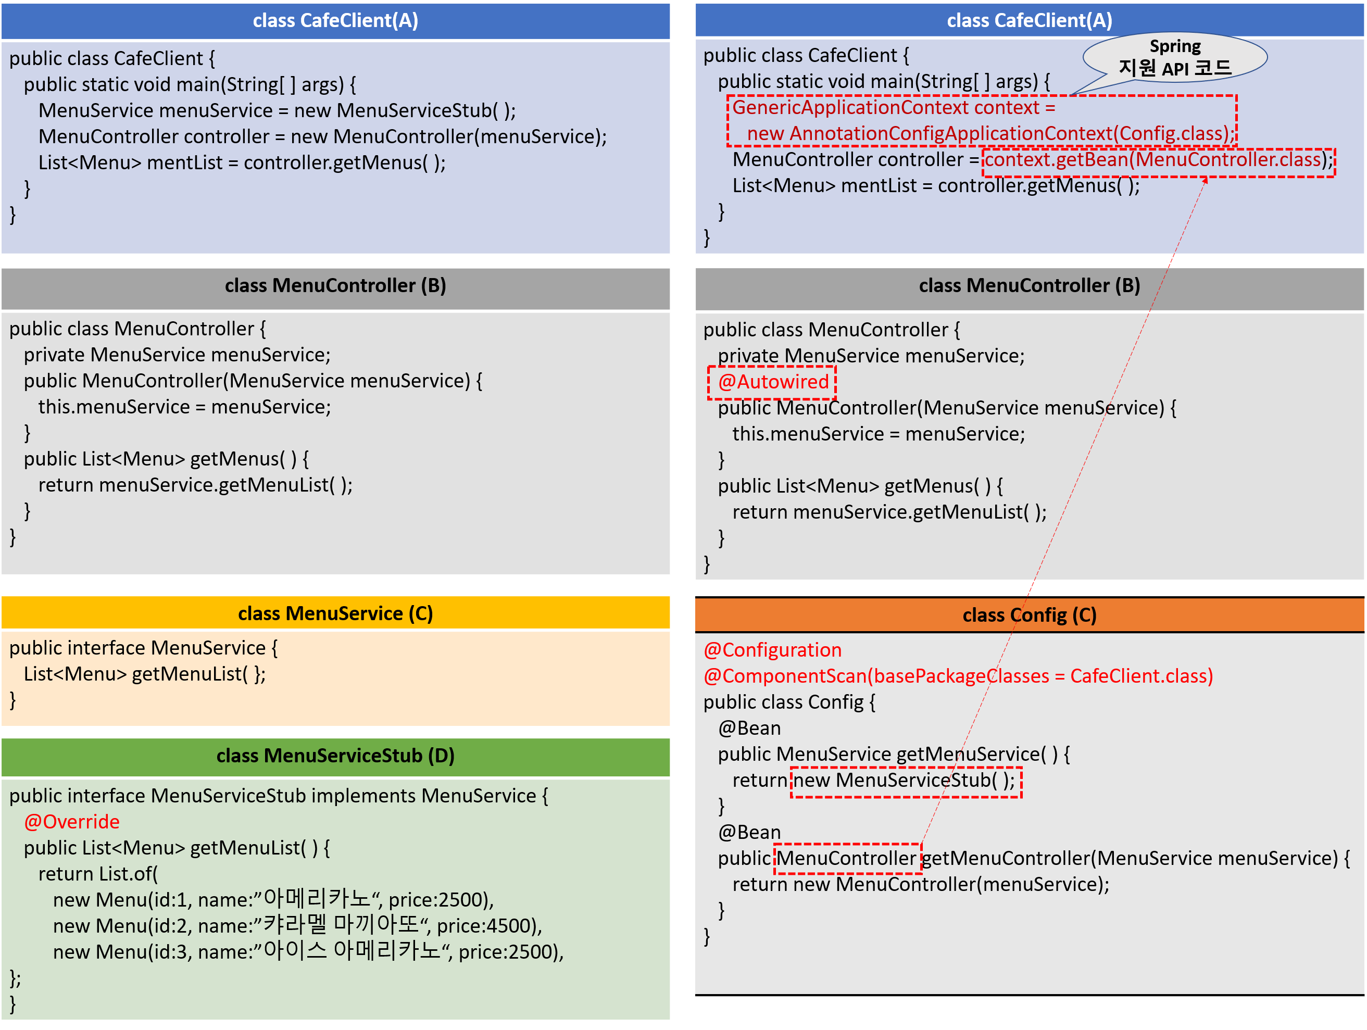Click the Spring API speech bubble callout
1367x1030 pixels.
(x=1175, y=57)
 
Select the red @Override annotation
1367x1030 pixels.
(x=72, y=822)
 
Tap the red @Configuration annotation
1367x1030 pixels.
(x=772, y=650)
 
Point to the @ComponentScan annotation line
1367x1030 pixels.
(x=958, y=676)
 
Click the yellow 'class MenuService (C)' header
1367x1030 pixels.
(x=335, y=613)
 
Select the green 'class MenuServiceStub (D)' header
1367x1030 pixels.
(x=335, y=756)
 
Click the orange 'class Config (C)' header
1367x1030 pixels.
(x=1030, y=615)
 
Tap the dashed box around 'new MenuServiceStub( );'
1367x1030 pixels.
(x=906, y=781)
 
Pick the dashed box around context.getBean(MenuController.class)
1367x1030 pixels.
(x=1158, y=162)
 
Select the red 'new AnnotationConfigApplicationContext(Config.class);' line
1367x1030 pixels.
(x=990, y=133)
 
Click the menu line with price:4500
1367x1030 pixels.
(x=297, y=925)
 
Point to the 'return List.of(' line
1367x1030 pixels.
(x=98, y=874)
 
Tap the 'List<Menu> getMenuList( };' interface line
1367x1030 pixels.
(x=145, y=674)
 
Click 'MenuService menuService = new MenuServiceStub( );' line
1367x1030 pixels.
(x=277, y=110)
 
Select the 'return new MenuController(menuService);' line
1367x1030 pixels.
(x=921, y=884)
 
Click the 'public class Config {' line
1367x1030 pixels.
(x=789, y=702)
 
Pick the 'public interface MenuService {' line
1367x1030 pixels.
(x=143, y=648)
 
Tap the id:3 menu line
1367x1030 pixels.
(x=308, y=951)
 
